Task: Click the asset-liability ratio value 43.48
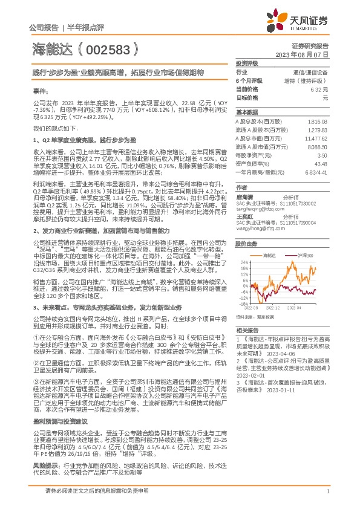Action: click(x=321, y=163)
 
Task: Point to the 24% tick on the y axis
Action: click(x=244, y=262)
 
